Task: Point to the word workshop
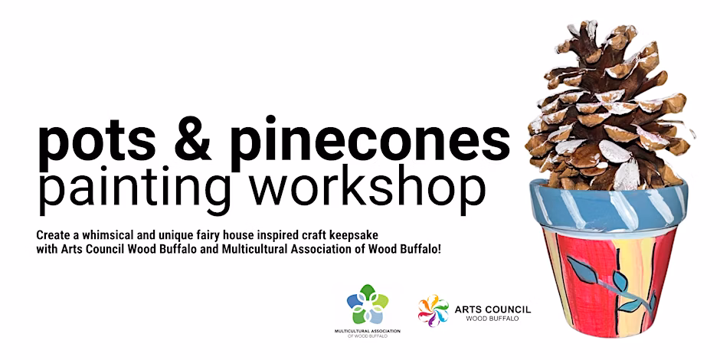tap(364, 188)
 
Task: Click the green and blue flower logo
tap(368, 304)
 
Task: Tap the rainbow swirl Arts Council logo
tap(433, 310)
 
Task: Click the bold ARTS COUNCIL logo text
tap(493, 309)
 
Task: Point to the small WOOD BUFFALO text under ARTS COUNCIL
tap(493, 318)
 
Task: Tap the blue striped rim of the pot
tap(608, 205)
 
